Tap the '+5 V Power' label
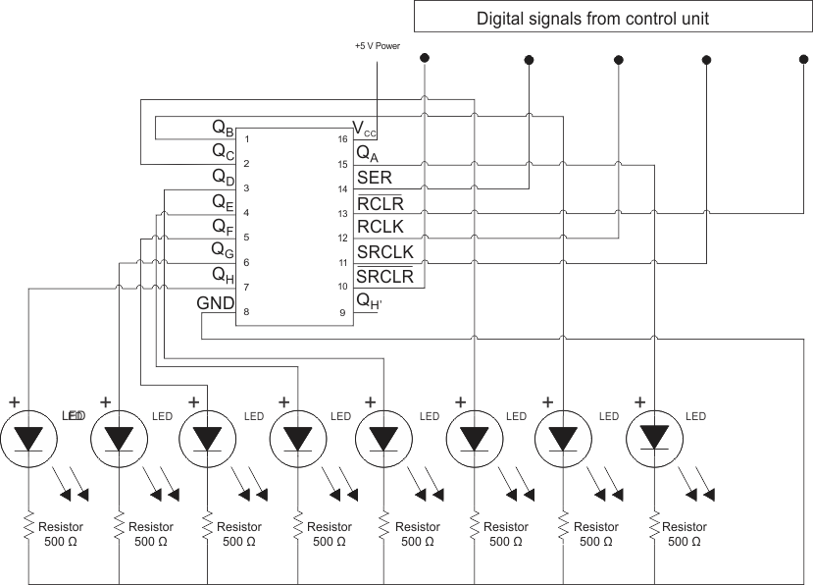pos(377,46)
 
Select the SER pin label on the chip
pos(374,178)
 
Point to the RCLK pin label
pos(380,228)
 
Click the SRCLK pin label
pos(384,252)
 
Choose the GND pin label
pos(215,303)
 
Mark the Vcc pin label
pos(364,128)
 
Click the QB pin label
pos(223,128)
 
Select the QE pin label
pos(223,202)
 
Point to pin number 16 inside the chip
pos(342,139)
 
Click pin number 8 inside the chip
pos(246,312)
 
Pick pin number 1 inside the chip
pos(246,139)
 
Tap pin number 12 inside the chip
pos(342,239)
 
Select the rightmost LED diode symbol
pos(654,437)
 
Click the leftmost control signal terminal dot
pos(424,60)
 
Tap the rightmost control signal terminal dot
pos(796,60)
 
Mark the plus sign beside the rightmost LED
pos(639,401)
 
